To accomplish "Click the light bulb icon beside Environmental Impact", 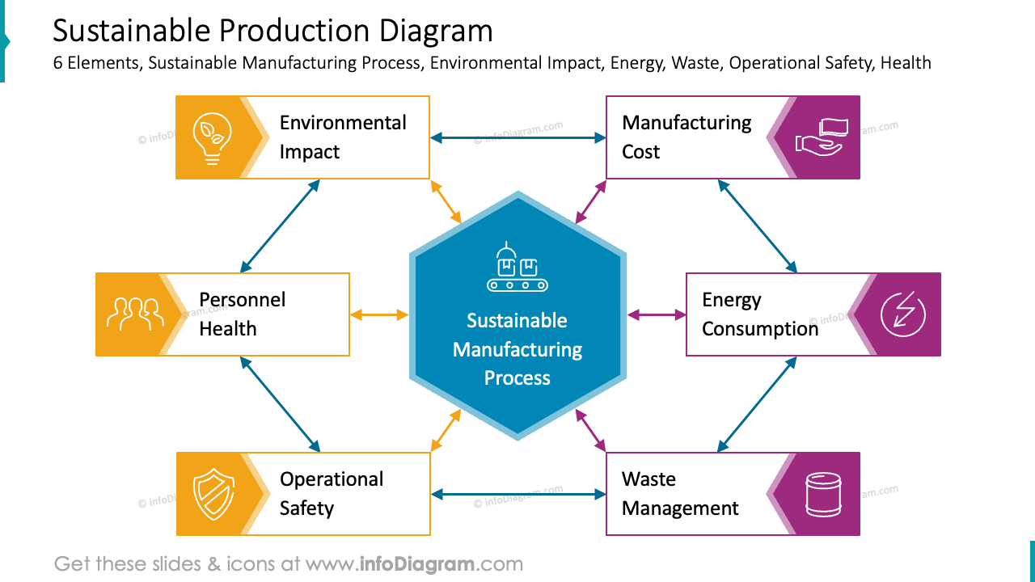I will click(x=212, y=138).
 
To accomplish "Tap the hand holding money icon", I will click(x=820, y=137).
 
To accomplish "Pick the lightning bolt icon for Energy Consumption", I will click(x=902, y=314).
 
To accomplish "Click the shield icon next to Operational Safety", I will click(x=212, y=494).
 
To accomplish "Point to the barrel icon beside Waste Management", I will click(x=822, y=494).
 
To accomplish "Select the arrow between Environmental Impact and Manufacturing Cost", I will click(x=517, y=138).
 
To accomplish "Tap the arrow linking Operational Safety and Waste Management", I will click(x=517, y=494).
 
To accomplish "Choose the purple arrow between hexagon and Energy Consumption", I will click(x=657, y=314).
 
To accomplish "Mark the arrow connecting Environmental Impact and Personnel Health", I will click(x=280, y=226).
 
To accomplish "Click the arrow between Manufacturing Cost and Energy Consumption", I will click(x=758, y=226).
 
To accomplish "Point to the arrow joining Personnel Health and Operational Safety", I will click(x=280, y=404).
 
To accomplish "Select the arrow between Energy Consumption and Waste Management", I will click(x=758, y=404).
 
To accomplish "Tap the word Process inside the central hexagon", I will click(x=517, y=378).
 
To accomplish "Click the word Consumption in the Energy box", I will click(x=759, y=329).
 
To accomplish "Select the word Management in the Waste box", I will click(x=680, y=508).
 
